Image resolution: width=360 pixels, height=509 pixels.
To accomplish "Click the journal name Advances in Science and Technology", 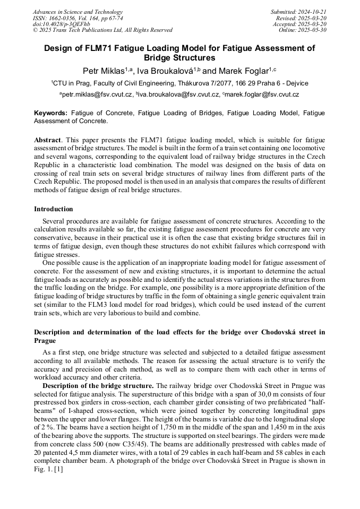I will coord(78,12).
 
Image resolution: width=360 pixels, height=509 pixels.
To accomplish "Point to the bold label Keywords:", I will coord(51,113).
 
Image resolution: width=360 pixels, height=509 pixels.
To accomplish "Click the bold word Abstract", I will coord(48,139).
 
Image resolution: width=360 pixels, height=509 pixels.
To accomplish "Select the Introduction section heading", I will coord(54,209).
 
